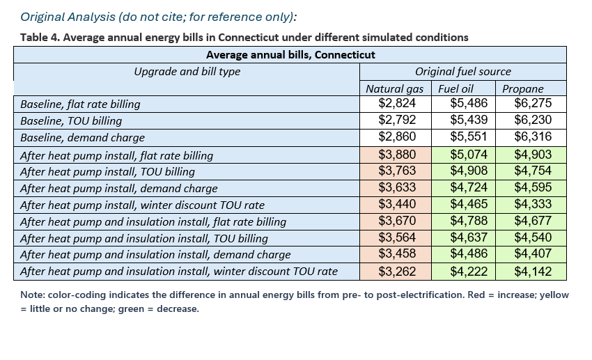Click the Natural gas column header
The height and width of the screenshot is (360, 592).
pyautogui.click(x=394, y=88)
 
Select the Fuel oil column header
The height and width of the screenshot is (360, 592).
pyautogui.click(x=455, y=88)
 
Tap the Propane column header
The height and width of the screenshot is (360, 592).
pyautogui.click(x=522, y=88)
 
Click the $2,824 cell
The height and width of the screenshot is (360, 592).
pyautogui.click(x=397, y=103)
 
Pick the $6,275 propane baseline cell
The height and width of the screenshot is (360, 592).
pyautogui.click(x=533, y=103)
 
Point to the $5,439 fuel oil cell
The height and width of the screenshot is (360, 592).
pyautogui.click(x=469, y=120)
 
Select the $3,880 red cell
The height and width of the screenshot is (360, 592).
pyautogui.click(x=397, y=155)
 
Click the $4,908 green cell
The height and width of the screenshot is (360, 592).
pyautogui.click(x=469, y=171)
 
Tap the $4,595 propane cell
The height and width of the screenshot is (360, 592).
pyautogui.click(x=533, y=187)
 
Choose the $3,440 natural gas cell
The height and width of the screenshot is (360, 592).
pyautogui.click(x=397, y=204)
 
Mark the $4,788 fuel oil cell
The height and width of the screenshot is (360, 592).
pyautogui.click(x=469, y=220)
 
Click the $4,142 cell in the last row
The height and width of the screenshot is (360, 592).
pyautogui.click(x=533, y=272)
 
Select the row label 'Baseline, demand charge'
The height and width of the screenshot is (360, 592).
pyautogui.click(x=82, y=138)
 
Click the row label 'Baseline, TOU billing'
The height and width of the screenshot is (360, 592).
pyautogui.click(x=71, y=121)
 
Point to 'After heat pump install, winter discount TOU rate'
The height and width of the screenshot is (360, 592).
pyautogui.click(x=142, y=205)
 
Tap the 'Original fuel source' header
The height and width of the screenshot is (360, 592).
pyautogui.click(x=463, y=72)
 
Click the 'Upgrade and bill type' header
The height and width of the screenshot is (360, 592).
pyautogui.click(x=187, y=72)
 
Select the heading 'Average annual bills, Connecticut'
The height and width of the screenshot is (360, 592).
pyautogui.click(x=290, y=55)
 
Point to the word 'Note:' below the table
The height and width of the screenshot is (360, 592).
pyautogui.click(x=33, y=295)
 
